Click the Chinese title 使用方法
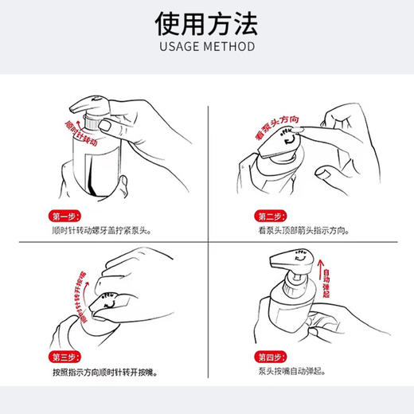point(206,23)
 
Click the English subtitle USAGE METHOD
point(206,46)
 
